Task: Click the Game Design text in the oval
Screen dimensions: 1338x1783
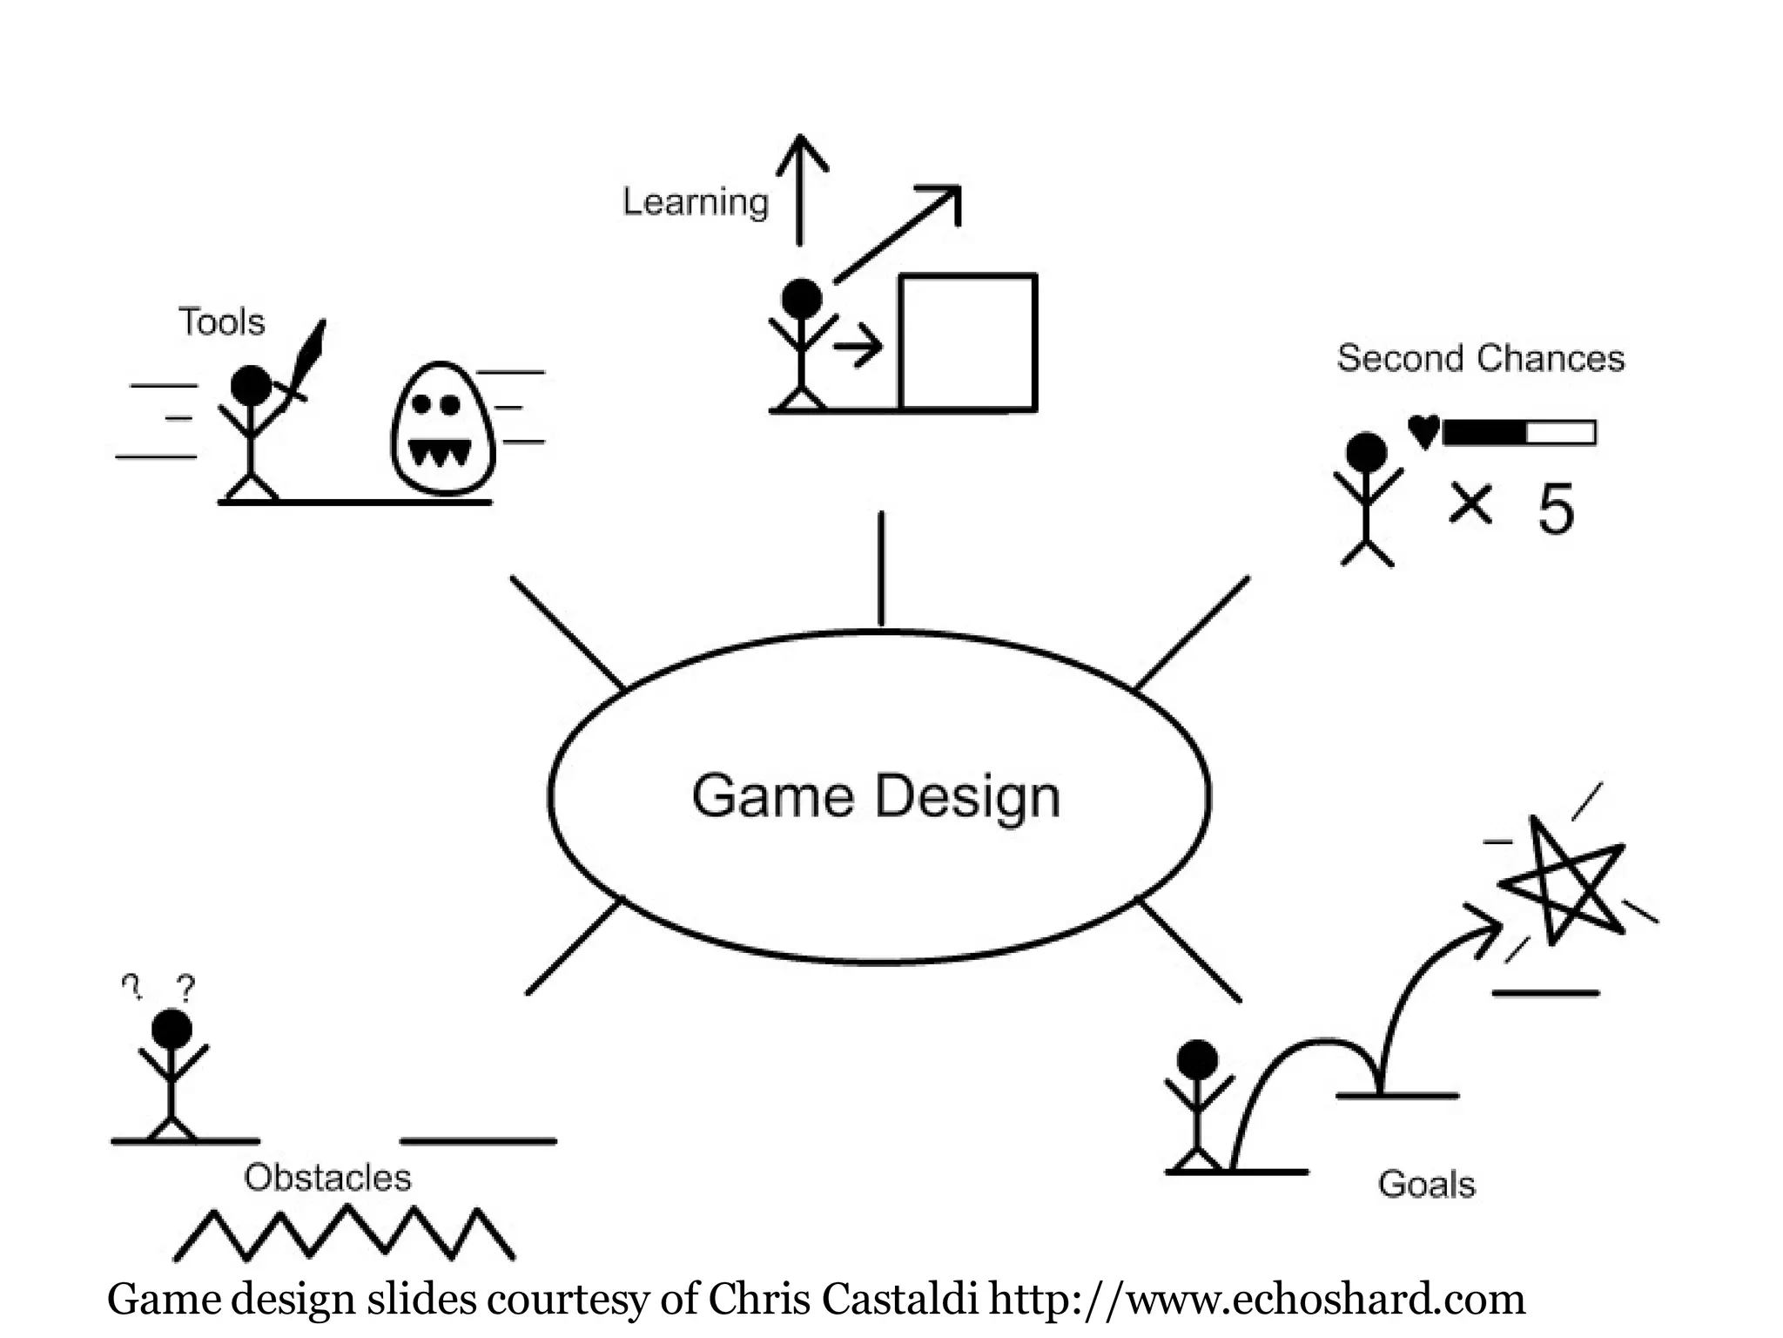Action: (x=876, y=796)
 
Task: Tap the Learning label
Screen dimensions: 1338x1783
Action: (x=696, y=202)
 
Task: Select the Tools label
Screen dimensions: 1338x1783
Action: (x=221, y=322)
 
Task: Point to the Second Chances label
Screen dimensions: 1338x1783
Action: (x=1480, y=358)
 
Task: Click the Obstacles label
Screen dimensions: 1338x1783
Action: (x=327, y=1178)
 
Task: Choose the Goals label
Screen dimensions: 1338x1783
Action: (x=1426, y=1185)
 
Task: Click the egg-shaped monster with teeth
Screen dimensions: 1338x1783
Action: (x=442, y=429)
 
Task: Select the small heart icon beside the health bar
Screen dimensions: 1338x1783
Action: (x=1423, y=431)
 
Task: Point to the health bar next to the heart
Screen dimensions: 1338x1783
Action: (x=1519, y=432)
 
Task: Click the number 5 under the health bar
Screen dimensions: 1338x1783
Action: (x=1556, y=509)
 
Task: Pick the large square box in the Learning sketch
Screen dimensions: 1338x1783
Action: (x=967, y=341)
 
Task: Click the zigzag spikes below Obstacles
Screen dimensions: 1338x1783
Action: (x=345, y=1233)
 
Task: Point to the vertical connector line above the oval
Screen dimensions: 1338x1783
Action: (x=881, y=568)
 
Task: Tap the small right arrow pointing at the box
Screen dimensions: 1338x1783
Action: (x=858, y=348)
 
